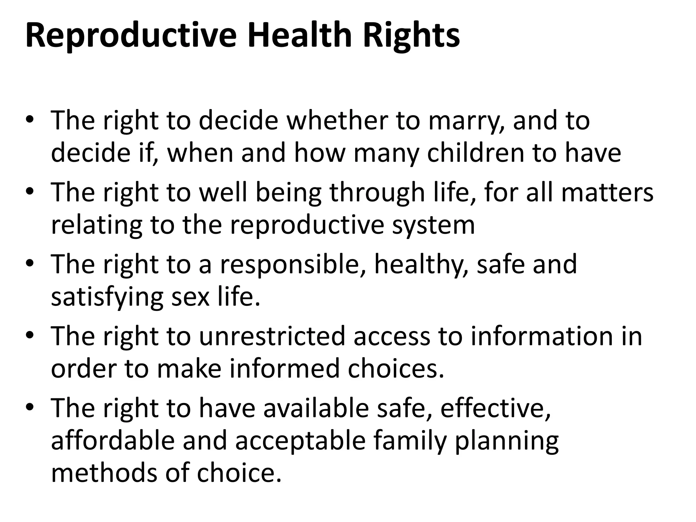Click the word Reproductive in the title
131,36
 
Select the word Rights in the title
411,36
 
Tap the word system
433,225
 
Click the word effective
495,408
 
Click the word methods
104,473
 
